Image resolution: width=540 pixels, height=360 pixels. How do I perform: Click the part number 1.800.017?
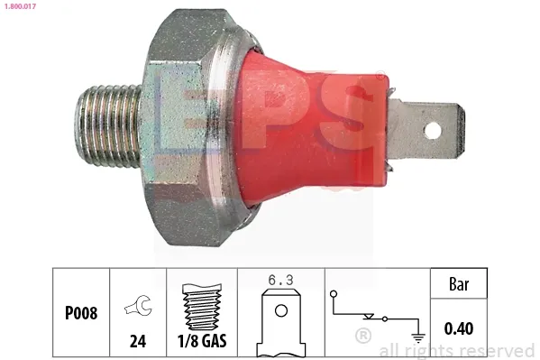(x=19, y=7)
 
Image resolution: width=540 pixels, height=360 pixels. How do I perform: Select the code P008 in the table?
(x=81, y=315)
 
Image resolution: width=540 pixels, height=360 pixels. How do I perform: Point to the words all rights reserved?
(x=457, y=350)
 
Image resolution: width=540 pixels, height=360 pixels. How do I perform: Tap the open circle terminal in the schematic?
(x=333, y=294)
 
